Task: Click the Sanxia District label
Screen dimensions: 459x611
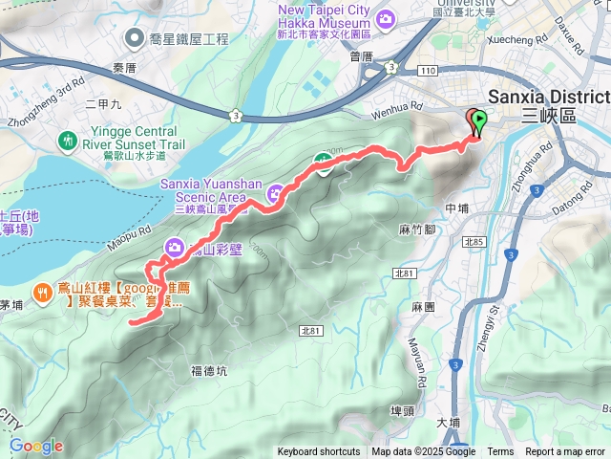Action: coord(546,98)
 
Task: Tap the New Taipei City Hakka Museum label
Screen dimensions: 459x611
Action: coord(323,17)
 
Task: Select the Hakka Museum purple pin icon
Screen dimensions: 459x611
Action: coord(387,18)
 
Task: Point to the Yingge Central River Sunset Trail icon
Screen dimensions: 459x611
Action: coord(67,141)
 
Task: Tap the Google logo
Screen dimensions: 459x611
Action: coord(36,446)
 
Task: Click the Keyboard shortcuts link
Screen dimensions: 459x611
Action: coord(319,452)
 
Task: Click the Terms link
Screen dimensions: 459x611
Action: coord(500,452)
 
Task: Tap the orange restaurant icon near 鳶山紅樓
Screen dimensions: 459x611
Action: coord(42,291)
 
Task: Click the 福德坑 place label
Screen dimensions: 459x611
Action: coord(209,370)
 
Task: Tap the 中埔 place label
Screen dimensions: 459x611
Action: coord(456,208)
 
